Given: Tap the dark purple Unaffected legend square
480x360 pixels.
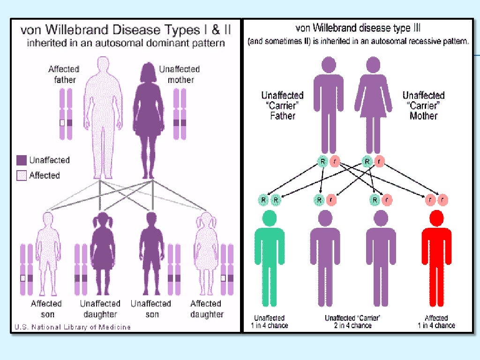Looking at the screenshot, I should [x=22, y=160].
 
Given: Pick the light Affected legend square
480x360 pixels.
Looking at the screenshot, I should [x=22, y=176].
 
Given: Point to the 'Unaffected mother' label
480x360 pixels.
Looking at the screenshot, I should [x=180, y=75].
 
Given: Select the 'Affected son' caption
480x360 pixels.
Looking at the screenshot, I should [x=46, y=309].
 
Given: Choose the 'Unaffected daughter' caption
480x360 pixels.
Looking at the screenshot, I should [x=100, y=309].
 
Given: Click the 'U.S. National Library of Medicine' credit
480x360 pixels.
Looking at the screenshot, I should [x=72, y=327].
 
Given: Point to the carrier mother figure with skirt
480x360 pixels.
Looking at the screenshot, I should [x=374, y=103].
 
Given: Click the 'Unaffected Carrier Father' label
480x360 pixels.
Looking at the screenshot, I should [x=282, y=105].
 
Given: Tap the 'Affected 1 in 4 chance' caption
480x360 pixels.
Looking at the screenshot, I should [x=436, y=322].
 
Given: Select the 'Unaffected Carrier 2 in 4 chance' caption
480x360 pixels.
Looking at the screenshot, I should [x=352, y=322].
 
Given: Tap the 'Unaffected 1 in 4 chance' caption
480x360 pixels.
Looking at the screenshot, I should [x=270, y=322].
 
